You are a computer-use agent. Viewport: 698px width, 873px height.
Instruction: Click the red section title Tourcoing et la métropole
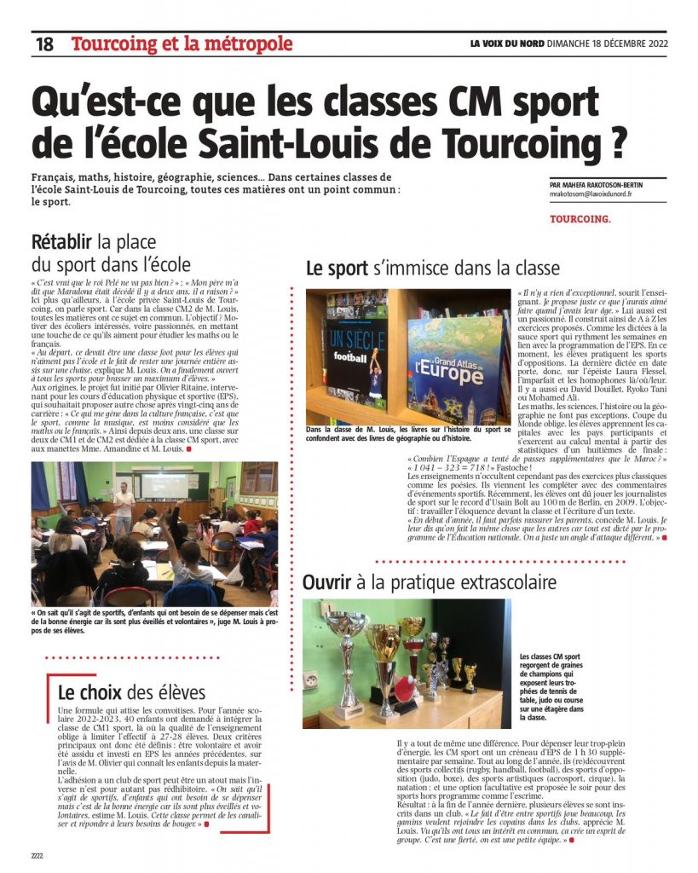pos(182,43)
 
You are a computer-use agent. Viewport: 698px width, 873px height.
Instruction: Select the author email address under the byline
pos(585,194)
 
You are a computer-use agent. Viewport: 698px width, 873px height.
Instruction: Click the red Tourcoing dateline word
pos(580,219)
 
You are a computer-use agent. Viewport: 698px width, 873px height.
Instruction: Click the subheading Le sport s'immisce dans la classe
pos(433,269)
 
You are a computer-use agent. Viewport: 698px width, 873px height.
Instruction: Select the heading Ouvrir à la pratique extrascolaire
pos(430,583)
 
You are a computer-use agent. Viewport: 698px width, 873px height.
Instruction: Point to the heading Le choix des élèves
pos(131,691)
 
